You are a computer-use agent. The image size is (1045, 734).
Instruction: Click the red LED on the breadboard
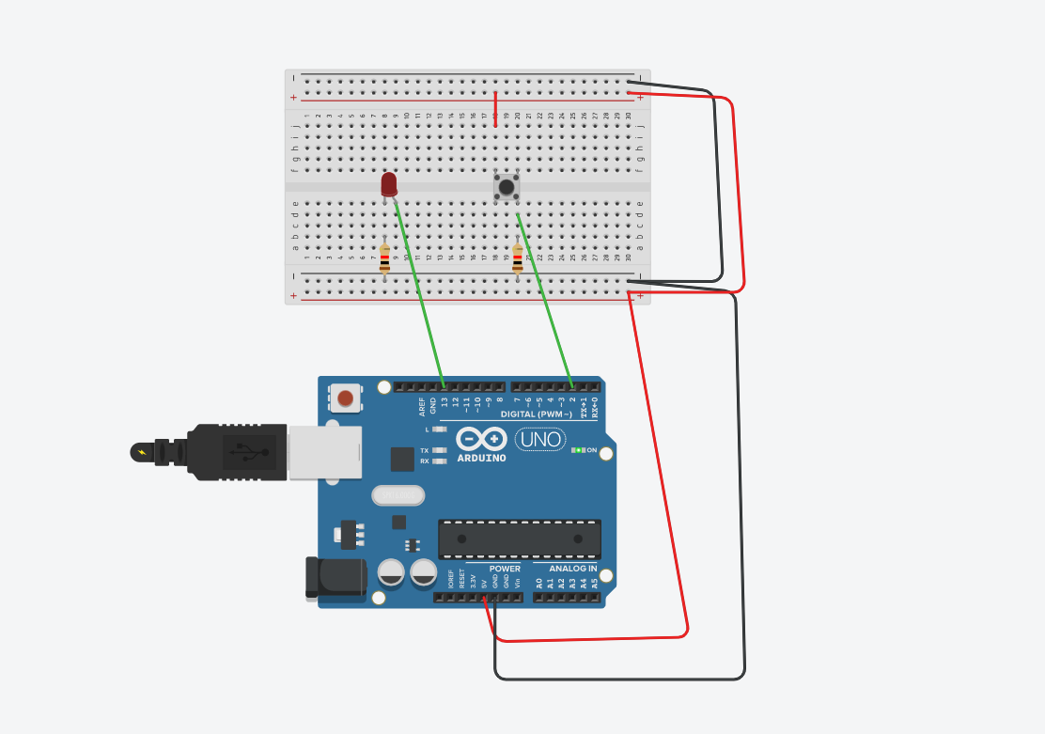pos(389,184)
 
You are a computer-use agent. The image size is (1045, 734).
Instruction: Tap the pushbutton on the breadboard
pos(507,187)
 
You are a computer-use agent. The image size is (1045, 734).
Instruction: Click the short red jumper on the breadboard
pos(495,109)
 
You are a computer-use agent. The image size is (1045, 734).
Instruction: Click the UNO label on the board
pos(540,439)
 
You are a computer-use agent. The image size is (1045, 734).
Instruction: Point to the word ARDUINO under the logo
pos(481,459)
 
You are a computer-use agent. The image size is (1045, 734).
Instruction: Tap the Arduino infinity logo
pos(481,439)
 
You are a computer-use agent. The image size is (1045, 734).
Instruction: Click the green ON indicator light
pos(578,450)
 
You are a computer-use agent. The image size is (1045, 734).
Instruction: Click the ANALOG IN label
pos(573,569)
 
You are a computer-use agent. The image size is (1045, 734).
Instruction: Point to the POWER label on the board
pos(505,569)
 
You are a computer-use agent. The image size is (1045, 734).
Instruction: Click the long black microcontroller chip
pos(519,539)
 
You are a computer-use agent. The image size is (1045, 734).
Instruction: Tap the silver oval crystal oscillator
pos(398,495)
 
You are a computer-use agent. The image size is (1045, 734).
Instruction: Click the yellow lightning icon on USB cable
pos(142,453)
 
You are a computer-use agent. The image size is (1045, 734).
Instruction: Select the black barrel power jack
pos(335,577)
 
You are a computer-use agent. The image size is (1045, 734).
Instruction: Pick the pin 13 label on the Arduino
pos(445,405)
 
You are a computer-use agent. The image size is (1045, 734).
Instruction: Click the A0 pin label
pos(539,584)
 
